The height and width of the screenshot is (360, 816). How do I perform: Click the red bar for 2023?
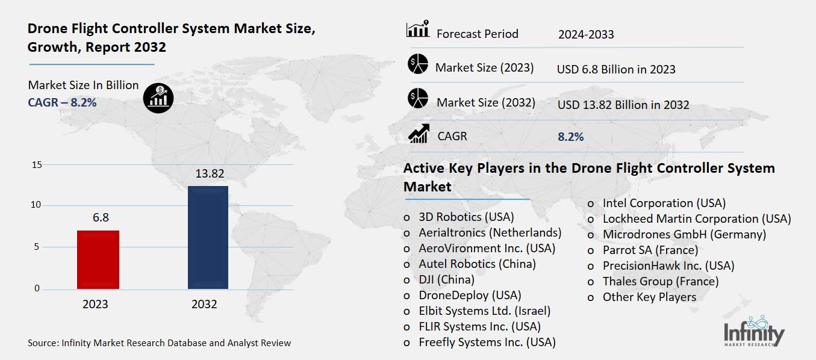(99, 259)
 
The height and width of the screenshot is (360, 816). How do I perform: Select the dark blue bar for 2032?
(208, 237)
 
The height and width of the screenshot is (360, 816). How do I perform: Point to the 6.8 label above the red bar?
(101, 217)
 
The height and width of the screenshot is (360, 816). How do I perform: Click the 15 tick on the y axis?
(36, 165)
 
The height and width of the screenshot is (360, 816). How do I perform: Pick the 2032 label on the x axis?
(204, 304)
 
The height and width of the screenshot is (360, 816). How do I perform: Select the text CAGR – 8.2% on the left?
(62, 102)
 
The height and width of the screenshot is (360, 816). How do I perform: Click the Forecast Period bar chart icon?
(418, 29)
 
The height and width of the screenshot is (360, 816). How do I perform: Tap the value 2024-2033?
(586, 34)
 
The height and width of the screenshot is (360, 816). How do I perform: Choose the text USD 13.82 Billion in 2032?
(623, 105)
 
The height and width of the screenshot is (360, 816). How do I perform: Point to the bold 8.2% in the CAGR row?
(571, 137)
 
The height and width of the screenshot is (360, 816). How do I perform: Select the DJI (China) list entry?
(446, 279)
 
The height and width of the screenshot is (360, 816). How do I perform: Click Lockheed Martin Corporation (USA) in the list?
(697, 219)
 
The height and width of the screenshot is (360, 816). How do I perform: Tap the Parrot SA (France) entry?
(650, 250)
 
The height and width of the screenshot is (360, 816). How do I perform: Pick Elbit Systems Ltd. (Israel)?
(484, 311)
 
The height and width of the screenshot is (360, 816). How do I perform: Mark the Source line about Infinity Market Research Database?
(159, 343)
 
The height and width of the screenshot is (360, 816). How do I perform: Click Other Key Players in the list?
(649, 297)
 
